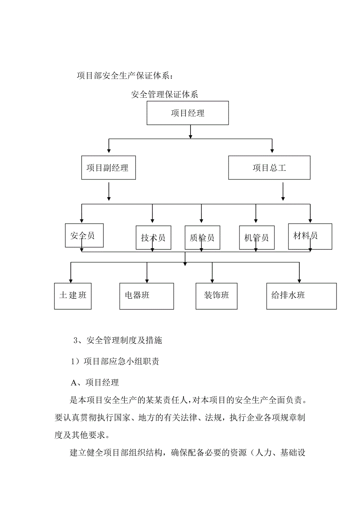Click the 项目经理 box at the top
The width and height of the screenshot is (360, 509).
pyautogui.click(x=187, y=113)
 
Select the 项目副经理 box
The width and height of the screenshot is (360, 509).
pyautogui.click(x=108, y=168)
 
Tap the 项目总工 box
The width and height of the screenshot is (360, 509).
pyautogui.click(x=269, y=168)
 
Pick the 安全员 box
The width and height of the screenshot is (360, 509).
pyautogui.click(x=84, y=235)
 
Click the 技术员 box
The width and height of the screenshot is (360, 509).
pyautogui.click(x=153, y=238)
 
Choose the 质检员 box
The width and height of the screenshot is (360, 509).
pyautogui.click(x=202, y=238)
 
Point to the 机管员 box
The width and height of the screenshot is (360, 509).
pyautogui.click(x=256, y=238)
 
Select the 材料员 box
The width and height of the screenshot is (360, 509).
pyautogui.click(x=310, y=236)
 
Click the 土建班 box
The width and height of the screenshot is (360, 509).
pyautogui.click(x=73, y=295)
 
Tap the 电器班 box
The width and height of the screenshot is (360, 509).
pyautogui.click(x=146, y=295)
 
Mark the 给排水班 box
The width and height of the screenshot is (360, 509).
pyautogui.click(x=301, y=295)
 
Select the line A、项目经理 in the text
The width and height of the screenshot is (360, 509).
pyautogui.click(x=94, y=383)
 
